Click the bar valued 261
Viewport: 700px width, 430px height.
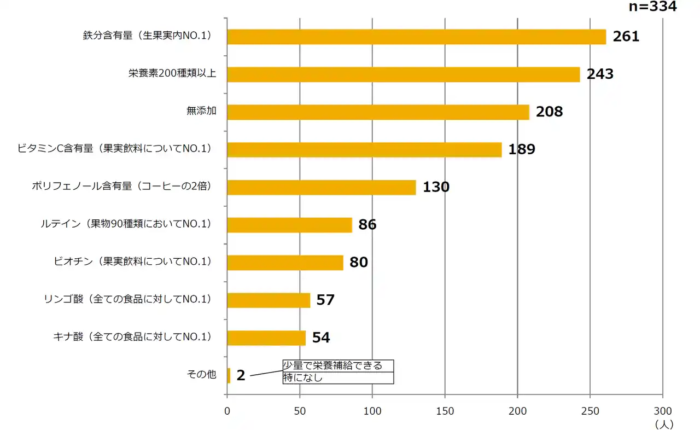pyautogui.click(x=416, y=37)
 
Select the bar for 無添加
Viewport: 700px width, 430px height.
pyautogui.click(x=377, y=112)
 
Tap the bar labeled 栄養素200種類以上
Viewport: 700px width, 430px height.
pyautogui.click(x=403, y=74)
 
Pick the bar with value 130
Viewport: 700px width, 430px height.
pyautogui.click(x=321, y=187)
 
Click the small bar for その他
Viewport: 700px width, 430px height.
pyautogui.click(x=229, y=375)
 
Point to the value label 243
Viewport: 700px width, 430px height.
pyautogui.click(x=600, y=74)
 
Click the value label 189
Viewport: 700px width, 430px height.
pyautogui.click(x=522, y=149)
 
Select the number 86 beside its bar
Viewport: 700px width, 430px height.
pyautogui.click(x=367, y=225)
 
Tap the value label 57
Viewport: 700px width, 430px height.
pyautogui.click(x=325, y=300)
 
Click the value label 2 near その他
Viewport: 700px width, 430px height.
pyautogui.click(x=241, y=376)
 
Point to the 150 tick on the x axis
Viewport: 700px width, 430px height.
pyautogui.click(x=445, y=410)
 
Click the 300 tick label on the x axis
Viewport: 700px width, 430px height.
pyautogui.click(x=662, y=410)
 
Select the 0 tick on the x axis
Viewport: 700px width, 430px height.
pyautogui.click(x=227, y=410)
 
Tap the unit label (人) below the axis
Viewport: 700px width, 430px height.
pyautogui.click(x=663, y=423)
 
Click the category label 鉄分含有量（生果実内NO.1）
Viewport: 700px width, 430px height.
pyautogui.click(x=147, y=37)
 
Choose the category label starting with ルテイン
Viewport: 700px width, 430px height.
pyautogui.click(x=126, y=224)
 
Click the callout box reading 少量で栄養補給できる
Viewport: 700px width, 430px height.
pyautogui.click(x=338, y=365)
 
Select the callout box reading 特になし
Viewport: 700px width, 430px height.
pyautogui.click(x=338, y=377)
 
